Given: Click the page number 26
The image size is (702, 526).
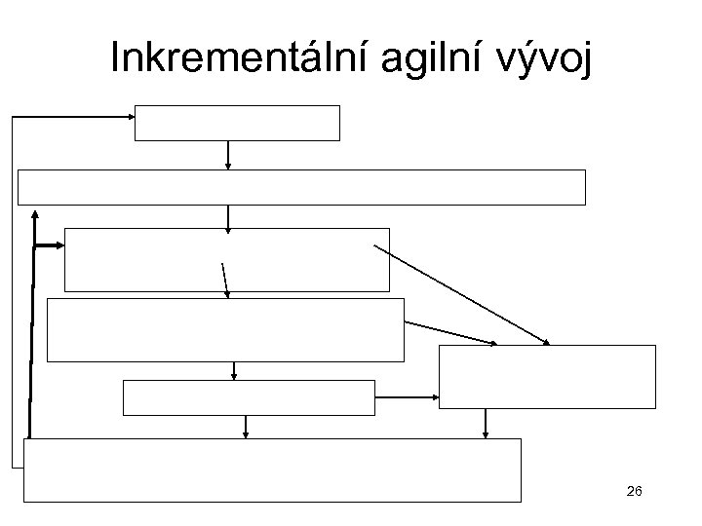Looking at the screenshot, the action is [x=634, y=494].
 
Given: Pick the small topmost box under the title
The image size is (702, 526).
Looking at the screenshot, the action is [x=237, y=123].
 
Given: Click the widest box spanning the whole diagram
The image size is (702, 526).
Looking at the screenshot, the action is [x=302, y=187].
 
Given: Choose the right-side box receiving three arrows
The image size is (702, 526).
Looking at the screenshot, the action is [x=547, y=375].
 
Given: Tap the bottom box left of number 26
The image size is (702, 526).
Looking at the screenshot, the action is [x=273, y=470].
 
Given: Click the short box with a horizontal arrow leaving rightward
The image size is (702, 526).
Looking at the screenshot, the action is [x=249, y=396].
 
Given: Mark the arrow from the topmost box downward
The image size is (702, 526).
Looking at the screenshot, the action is [x=228, y=155].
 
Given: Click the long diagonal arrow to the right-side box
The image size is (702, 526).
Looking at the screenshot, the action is [x=461, y=293].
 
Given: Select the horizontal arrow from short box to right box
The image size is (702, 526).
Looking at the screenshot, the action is [x=407, y=396].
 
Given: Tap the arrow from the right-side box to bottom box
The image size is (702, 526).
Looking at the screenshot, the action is [x=485, y=423].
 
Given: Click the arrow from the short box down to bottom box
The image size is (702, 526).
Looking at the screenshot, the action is [x=245, y=427].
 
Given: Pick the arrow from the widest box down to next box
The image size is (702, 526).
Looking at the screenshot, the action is [x=228, y=216].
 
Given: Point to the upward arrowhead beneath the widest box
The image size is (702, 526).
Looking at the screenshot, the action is [x=35, y=212].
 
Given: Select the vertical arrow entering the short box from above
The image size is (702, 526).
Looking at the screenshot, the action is [x=235, y=370].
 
